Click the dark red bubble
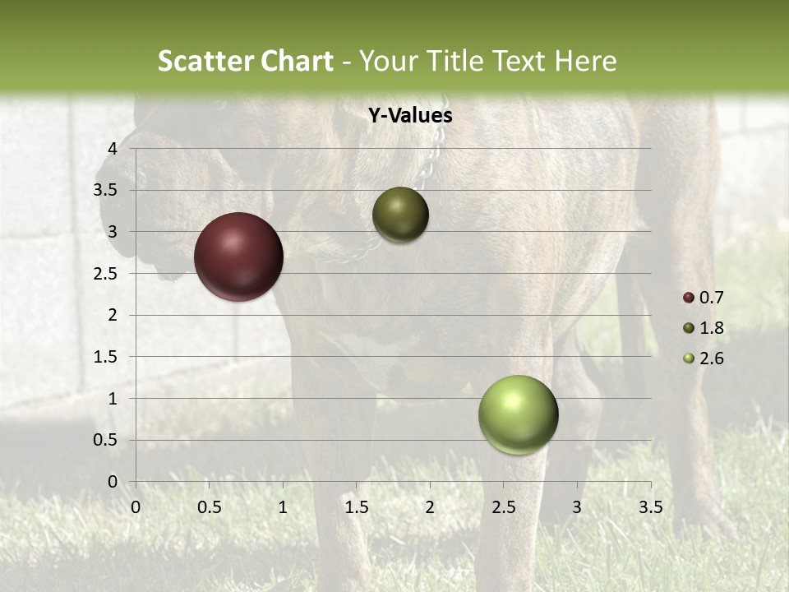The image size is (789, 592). coord(238,257)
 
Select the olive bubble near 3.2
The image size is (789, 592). coord(400,215)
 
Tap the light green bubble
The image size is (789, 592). coord(518,414)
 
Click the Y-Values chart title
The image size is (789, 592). coord(409,116)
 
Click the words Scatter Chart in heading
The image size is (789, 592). coord(245,61)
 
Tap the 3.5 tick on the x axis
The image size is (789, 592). coord(650,507)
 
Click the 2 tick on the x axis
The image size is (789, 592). coord(430,507)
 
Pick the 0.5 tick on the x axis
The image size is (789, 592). coord(209,507)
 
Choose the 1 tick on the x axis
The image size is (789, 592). coord(283,507)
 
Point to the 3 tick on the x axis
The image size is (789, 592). coord(577,507)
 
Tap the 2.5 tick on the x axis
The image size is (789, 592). coord(503,507)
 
